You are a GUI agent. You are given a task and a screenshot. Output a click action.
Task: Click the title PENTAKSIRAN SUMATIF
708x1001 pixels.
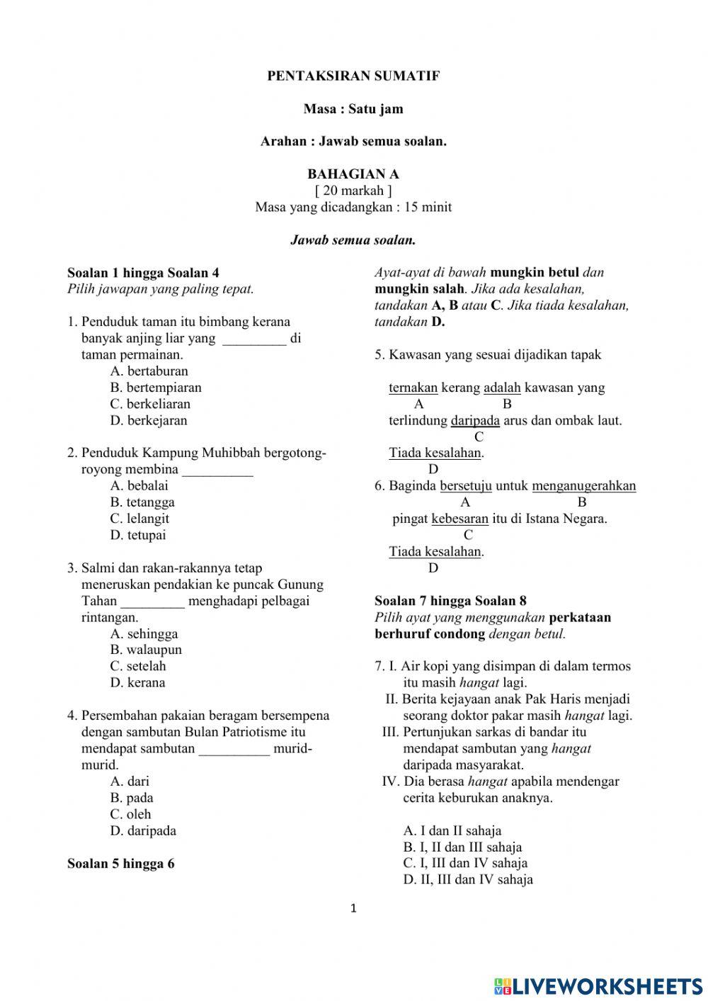(x=353, y=76)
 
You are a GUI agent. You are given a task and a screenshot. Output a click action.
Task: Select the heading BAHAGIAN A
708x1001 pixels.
(x=353, y=174)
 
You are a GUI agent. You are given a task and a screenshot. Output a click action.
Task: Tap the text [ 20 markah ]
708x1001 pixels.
(x=353, y=191)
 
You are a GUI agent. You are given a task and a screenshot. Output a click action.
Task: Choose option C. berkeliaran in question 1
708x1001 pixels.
(x=150, y=404)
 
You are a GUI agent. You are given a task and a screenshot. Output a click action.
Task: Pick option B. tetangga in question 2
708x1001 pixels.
(x=142, y=502)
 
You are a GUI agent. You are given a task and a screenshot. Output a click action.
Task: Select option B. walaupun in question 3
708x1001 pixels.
(x=146, y=650)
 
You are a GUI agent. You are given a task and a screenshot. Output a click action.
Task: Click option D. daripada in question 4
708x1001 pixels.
(x=143, y=830)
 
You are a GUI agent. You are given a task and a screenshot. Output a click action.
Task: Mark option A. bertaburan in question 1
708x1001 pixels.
(x=149, y=371)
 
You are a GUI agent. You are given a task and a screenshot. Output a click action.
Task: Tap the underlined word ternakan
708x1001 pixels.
(x=413, y=388)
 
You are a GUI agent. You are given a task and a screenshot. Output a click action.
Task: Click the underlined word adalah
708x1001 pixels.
(x=502, y=388)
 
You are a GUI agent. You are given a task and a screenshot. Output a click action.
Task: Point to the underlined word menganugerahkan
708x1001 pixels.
(x=583, y=486)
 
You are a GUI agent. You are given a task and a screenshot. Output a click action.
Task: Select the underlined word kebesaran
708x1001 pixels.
(x=459, y=519)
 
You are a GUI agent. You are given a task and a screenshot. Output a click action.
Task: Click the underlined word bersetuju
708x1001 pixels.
(x=465, y=486)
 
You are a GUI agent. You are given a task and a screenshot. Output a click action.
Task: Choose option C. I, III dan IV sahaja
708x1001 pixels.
(x=465, y=863)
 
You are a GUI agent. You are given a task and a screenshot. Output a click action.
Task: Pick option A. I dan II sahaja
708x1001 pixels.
(x=452, y=830)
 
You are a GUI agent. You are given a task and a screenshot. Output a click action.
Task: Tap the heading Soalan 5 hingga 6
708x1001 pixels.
(x=121, y=864)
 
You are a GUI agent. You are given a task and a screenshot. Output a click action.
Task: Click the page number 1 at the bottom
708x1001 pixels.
(x=354, y=908)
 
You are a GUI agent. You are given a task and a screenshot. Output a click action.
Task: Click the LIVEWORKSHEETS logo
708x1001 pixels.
(x=598, y=985)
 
